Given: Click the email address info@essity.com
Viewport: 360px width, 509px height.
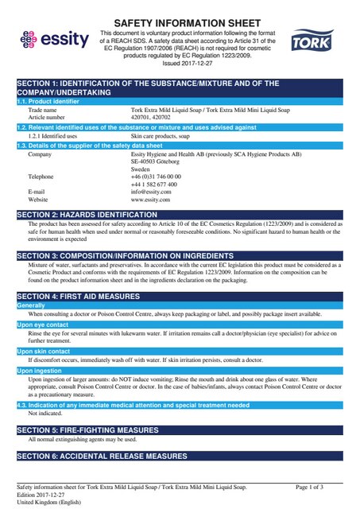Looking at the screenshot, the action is coord(150,192).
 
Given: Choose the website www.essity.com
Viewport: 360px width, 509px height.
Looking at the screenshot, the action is coord(150,200).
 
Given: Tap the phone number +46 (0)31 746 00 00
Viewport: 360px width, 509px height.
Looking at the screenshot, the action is coord(156,176).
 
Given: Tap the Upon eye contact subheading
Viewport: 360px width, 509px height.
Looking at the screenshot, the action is coord(43,324).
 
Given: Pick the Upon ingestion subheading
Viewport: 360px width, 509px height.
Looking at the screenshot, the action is coord(39,370).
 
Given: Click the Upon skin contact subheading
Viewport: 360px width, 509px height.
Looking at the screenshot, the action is coord(44,351).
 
